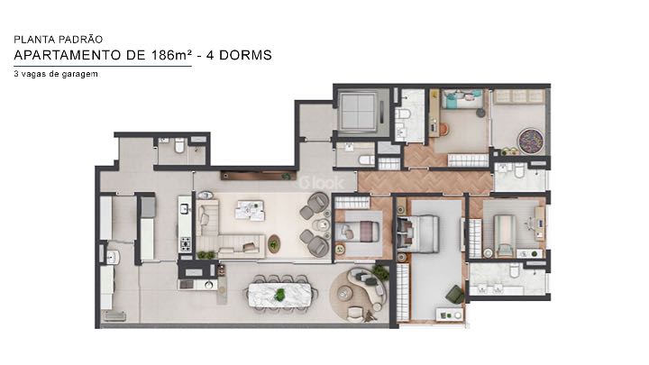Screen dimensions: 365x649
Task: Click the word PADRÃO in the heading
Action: tap(82, 40)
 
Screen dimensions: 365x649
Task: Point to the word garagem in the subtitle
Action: tap(79, 74)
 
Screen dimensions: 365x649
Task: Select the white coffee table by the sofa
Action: tap(247, 208)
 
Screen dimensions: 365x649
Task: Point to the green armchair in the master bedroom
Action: tap(456, 294)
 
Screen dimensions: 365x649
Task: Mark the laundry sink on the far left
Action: tap(113, 258)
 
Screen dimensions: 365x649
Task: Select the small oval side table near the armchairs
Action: tap(274, 242)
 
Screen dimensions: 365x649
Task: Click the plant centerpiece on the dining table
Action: tap(280, 295)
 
